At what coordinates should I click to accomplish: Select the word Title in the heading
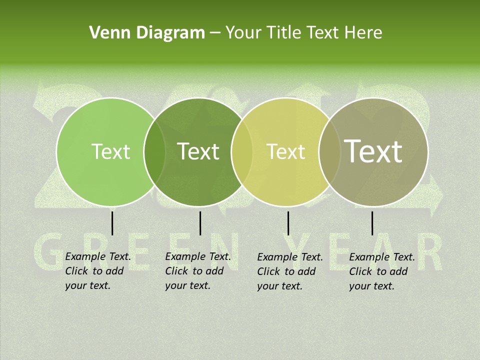click(283, 33)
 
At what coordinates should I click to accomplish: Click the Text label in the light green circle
click(110, 151)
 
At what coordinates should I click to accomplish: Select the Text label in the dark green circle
click(198, 151)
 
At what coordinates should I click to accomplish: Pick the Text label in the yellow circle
click(285, 151)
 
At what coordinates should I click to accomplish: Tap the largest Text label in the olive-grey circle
click(373, 151)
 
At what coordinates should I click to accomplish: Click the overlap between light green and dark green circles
click(154, 151)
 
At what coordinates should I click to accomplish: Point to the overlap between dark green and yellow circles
click(242, 151)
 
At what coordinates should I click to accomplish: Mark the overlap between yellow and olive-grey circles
click(329, 151)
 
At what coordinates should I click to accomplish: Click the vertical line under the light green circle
click(112, 223)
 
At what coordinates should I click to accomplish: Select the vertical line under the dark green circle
click(200, 223)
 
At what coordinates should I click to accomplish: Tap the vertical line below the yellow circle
click(288, 223)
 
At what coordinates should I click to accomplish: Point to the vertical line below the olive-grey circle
click(372, 223)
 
